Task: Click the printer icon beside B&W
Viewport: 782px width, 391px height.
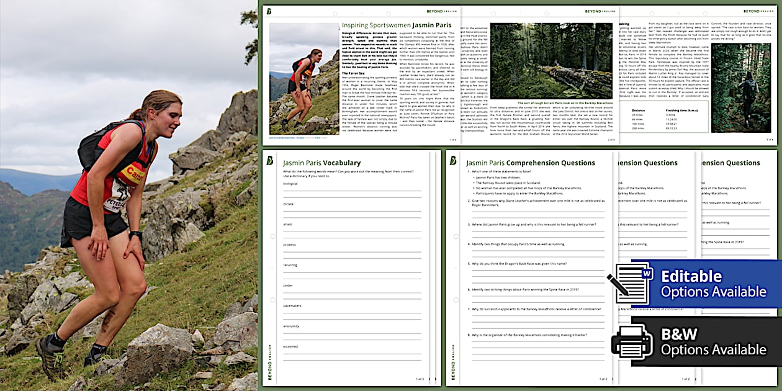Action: [632, 342]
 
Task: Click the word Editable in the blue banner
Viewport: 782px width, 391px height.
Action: [691, 276]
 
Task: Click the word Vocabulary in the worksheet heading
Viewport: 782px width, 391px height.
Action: [341, 163]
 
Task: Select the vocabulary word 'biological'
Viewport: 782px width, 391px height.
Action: [290, 184]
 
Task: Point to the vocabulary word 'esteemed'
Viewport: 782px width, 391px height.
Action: [291, 346]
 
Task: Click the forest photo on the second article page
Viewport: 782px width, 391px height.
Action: [551, 61]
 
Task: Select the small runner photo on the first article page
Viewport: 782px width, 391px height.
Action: [304, 78]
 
